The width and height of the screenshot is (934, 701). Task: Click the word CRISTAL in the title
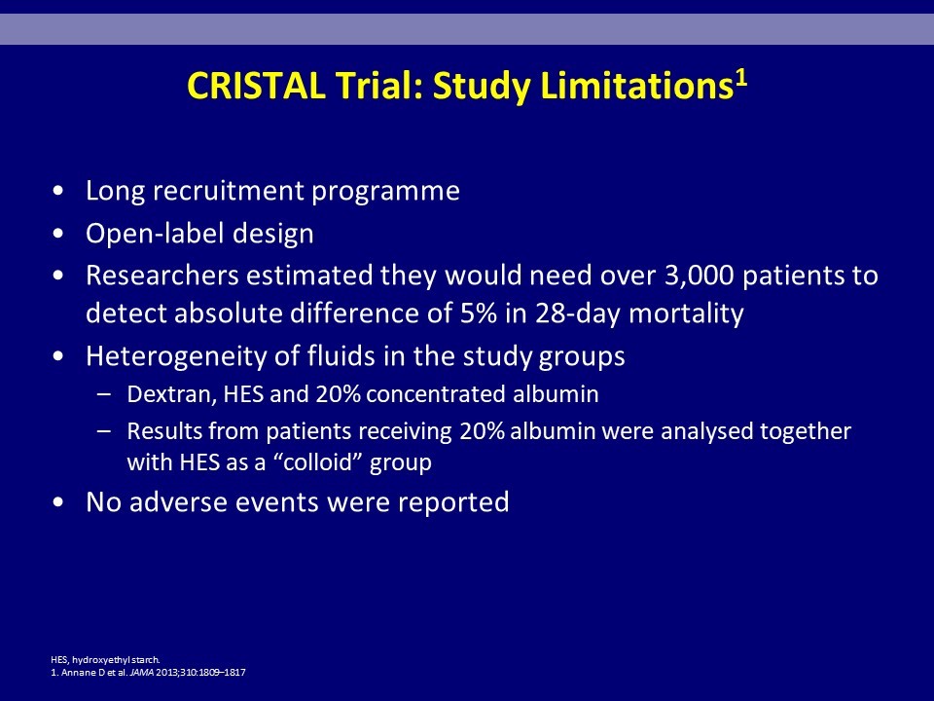click(256, 86)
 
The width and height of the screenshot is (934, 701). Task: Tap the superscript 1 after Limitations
click(740, 78)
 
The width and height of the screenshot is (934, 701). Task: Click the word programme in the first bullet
click(386, 192)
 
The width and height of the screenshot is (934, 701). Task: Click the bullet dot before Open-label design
click(57, 234)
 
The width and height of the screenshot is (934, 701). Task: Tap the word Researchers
click(162, 276)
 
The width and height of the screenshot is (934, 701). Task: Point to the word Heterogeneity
click(176, 356)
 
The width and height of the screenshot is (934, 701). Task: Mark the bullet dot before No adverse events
click(57, 502)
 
